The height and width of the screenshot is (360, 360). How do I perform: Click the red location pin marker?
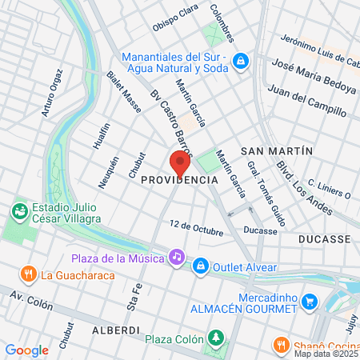pos(180,162)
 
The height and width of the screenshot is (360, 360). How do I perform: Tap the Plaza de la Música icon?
pos(176,257)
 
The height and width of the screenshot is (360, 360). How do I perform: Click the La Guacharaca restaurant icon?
pos(29,274)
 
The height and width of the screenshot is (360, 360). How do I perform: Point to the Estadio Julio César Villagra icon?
pos(18,211)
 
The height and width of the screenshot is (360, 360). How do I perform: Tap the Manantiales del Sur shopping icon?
pos(241,62)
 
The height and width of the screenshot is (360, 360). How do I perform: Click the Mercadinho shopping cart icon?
pos(311,301)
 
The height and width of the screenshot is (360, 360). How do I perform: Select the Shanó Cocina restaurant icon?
pos(280,345)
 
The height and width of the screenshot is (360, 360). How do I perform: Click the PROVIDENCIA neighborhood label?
pos(180,180)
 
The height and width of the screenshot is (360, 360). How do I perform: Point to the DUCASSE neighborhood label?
pos(323,239)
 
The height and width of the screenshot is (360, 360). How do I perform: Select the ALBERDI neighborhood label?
pos(117,330)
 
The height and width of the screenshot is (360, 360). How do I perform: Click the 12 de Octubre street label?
pos(196,228)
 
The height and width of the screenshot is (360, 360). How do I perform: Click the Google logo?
pos(27,350)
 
